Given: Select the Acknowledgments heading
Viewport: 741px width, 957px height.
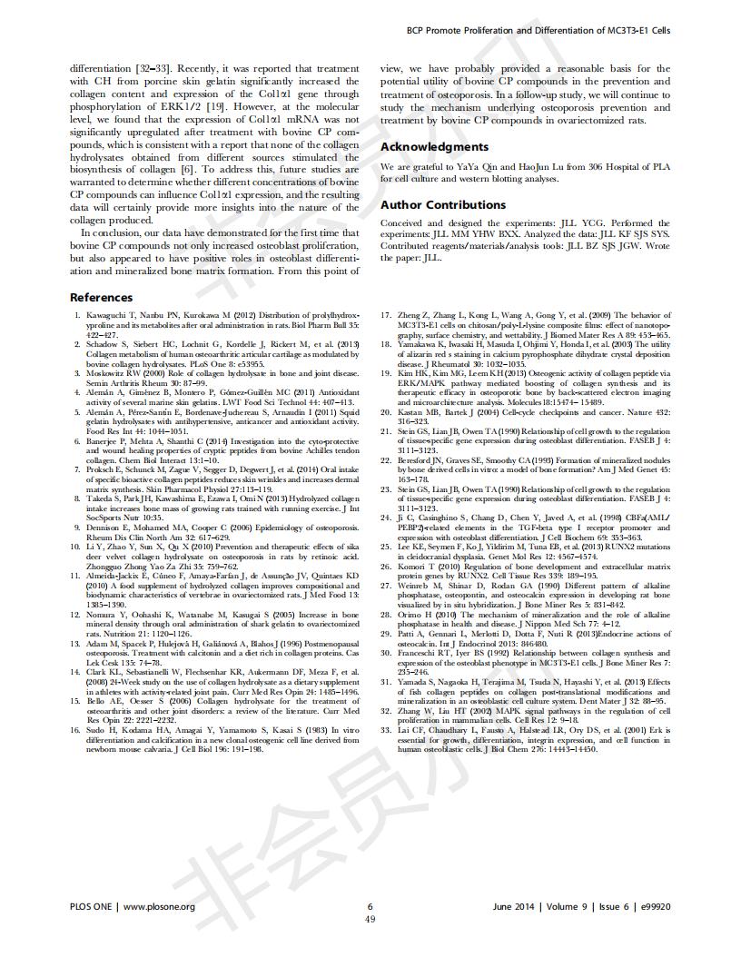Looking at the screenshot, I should (434, 147).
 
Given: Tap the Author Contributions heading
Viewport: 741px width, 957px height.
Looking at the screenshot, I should (442, 205).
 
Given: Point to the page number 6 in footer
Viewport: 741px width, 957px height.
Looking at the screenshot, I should (370, 906).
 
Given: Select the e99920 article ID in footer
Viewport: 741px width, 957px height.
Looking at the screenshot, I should (652, 906).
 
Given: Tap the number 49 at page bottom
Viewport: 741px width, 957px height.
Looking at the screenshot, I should (370, 919).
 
